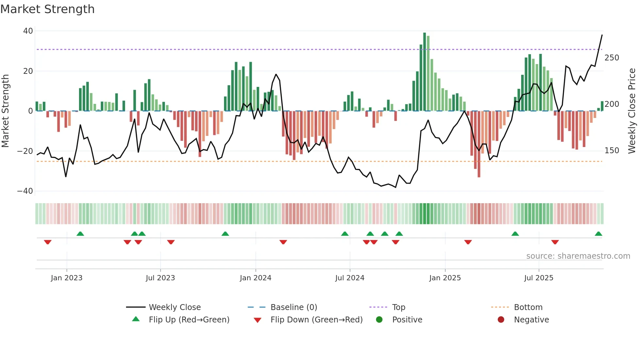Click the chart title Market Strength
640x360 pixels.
tap(47, 9)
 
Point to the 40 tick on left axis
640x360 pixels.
tap(28, 31)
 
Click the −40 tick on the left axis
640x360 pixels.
tap(25, 191)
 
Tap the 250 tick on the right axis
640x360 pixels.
tap(612, 58)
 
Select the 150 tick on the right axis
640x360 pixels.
tap(612, 151)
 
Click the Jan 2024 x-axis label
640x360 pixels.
tap(255, 278)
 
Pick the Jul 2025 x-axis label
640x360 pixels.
tap(538, 278)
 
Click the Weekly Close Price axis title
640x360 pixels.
tap(632, 111)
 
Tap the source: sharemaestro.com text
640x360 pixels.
tap(578, 256)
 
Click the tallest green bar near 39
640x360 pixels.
tap(424, 72)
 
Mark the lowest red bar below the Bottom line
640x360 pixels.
tap(479, 144)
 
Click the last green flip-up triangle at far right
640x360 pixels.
tap(598, 234)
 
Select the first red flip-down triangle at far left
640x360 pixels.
tap(48, 242)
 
